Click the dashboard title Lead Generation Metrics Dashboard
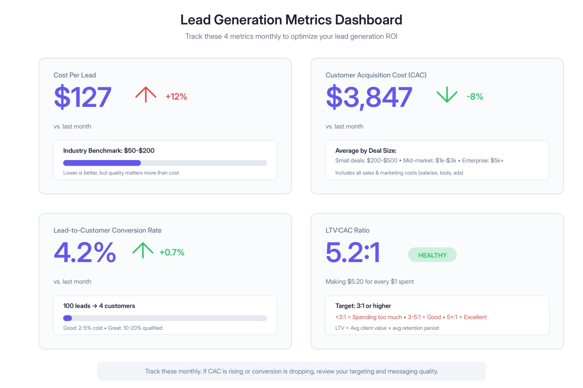coord(291,20)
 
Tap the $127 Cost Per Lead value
coord(82,97)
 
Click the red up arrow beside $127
coord(146,95)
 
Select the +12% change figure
coord(176,96)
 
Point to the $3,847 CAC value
coord(369,97)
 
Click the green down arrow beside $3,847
coord(447,95)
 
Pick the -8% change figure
coord(475,96)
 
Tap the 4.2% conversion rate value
coord(85,252)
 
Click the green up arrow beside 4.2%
coord(143,250)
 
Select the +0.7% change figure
coord(172,252)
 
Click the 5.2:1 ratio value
coord(353,252)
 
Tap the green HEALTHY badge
coord(432,255)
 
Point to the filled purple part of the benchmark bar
coord(102,163)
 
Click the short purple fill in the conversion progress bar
coord(67,318)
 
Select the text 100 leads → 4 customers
coord(99,306)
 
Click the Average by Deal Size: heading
coord(366,151)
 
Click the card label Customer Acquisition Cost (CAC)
coord(376,75)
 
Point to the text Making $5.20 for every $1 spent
coord(370,282)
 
